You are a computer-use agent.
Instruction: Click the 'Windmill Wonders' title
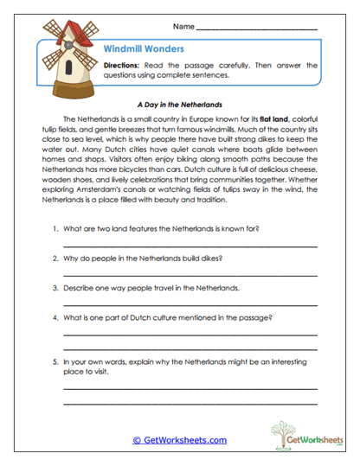tap(144, 49)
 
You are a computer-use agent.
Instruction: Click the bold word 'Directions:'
tap(125, 66)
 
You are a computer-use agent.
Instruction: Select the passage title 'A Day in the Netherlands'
tap(180, 102)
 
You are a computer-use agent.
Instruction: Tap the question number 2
tap(54, 258)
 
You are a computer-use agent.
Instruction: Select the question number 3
tap(54, 287)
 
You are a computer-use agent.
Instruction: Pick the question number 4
tap(54, 316)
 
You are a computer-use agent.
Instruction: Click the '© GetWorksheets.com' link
tap(179, 441)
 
